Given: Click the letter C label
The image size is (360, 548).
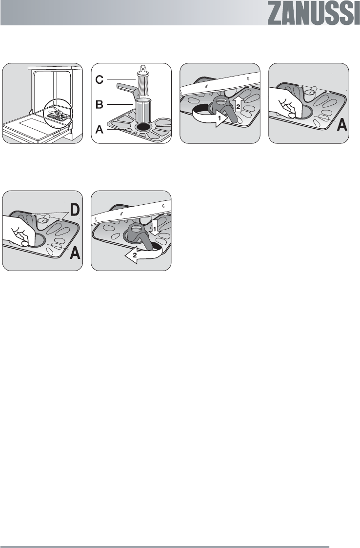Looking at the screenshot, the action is coord(100,80).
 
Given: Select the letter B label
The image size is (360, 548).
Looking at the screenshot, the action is coord(100,104).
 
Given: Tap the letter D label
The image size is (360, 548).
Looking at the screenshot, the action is coord(75,210).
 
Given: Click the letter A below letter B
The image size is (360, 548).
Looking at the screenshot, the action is coord(100,130).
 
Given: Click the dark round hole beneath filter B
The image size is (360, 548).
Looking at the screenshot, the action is coord(142,127).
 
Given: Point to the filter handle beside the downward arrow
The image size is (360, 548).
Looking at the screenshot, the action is coord(141,237).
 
